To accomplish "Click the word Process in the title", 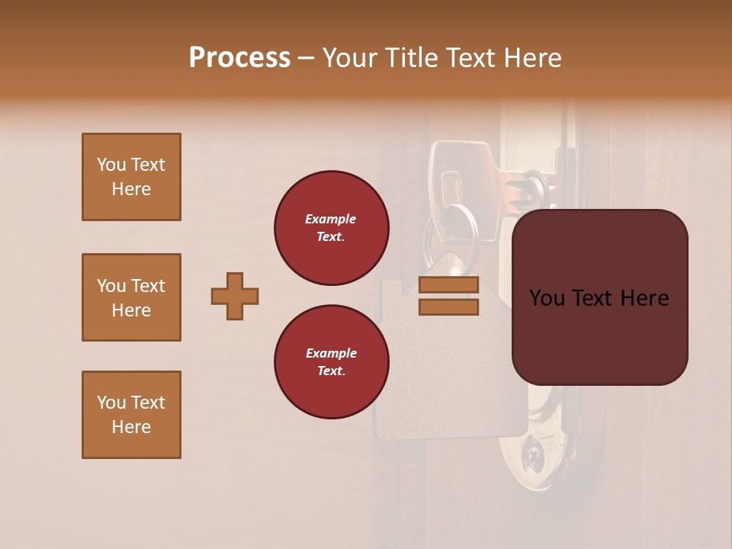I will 239,58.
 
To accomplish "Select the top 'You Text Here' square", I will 131,177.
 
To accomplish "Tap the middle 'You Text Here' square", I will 131,297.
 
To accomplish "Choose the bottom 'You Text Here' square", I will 131,414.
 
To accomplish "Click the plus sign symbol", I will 235,296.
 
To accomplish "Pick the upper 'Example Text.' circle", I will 332,227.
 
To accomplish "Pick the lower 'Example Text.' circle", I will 332,361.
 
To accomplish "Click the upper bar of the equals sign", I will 448,285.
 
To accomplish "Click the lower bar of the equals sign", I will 448,307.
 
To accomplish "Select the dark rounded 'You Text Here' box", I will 599,297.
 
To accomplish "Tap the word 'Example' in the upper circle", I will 331,219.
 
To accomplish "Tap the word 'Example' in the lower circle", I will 331,353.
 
